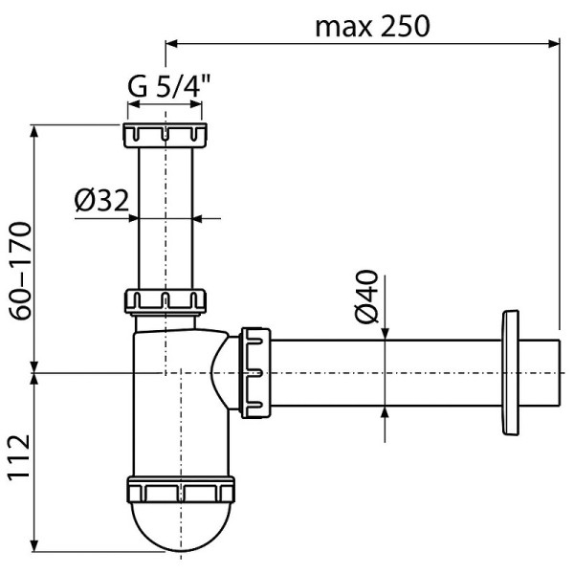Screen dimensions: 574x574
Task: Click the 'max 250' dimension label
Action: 372,25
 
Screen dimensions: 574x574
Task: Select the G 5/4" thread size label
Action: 169,88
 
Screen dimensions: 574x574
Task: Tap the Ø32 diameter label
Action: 100,201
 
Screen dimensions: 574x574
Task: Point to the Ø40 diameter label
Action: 367,298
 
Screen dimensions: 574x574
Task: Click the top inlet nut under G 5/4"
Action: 166,135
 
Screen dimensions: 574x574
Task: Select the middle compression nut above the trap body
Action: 166,301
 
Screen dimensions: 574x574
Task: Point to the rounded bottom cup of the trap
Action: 180,532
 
